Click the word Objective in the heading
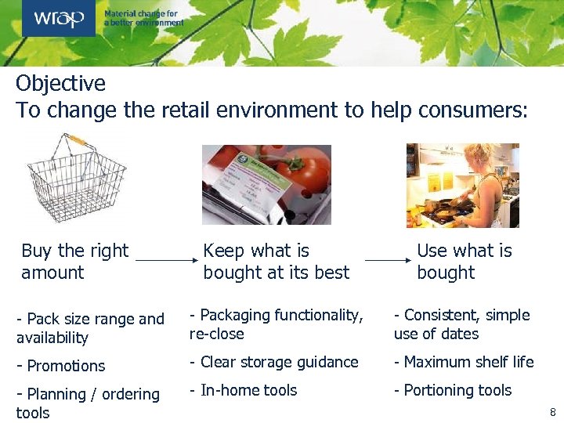60,83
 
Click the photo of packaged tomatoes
266,185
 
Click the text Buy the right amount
74,262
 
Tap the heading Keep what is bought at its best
276,262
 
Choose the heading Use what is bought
464,262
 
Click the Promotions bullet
61,366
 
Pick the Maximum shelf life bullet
464,362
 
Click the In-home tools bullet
244,390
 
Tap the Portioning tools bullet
453,390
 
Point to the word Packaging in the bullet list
236,315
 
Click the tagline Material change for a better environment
143,18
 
